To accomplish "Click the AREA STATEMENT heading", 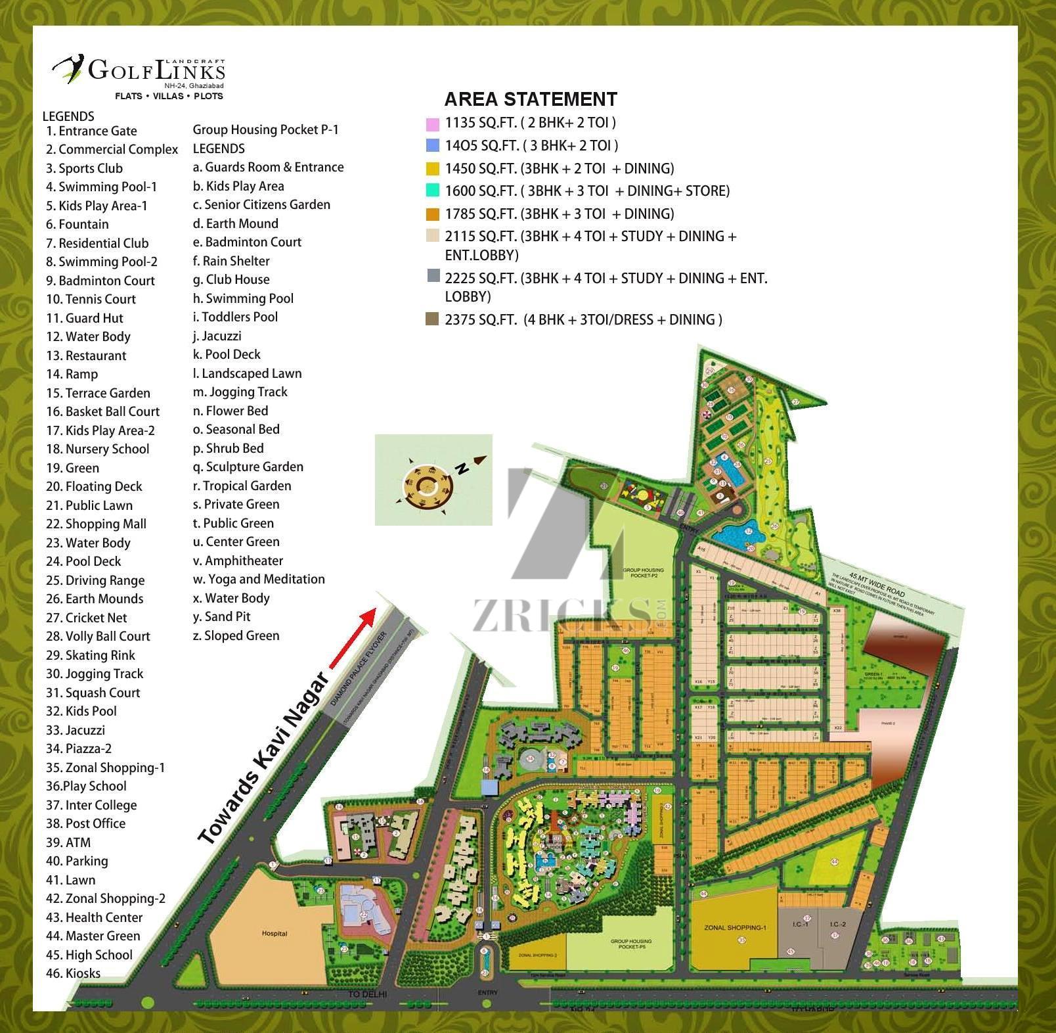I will [531, 99].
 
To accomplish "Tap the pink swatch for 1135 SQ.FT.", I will [432, 124].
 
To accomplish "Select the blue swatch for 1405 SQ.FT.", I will [432, 146].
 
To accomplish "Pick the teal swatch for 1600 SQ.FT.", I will [432, 191].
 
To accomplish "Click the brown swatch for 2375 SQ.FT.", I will [432, 320].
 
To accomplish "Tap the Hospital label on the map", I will [275, 933].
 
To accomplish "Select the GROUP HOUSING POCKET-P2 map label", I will [643, 572].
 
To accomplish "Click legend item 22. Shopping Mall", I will [96, 524].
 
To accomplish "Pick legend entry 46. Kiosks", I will [73, 973].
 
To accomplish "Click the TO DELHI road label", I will [367, 994].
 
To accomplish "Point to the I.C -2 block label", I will [838, 924].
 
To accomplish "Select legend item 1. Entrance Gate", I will [91, 131].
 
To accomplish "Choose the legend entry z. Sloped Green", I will [236, 635].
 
